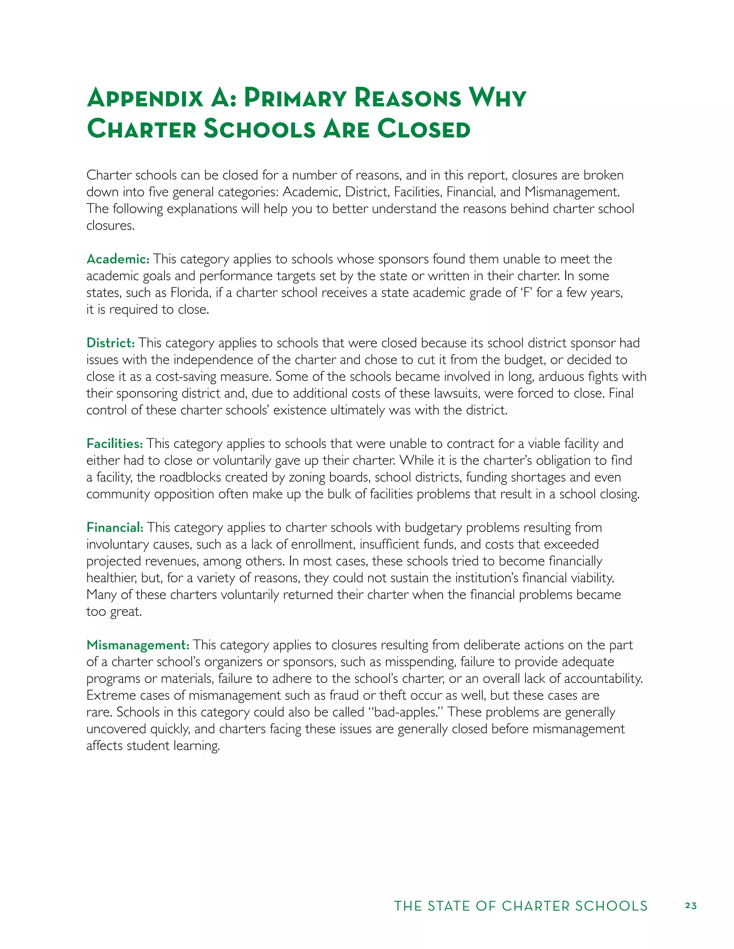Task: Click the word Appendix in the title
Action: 145,98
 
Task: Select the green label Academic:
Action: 118,259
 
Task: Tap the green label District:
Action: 110,343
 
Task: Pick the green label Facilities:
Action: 114,444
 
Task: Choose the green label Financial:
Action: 115,528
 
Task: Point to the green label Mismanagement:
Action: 138,645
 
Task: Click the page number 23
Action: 691,906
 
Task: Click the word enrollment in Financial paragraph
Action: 323,544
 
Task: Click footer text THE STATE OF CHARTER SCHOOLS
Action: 520,906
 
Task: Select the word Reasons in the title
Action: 407,98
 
